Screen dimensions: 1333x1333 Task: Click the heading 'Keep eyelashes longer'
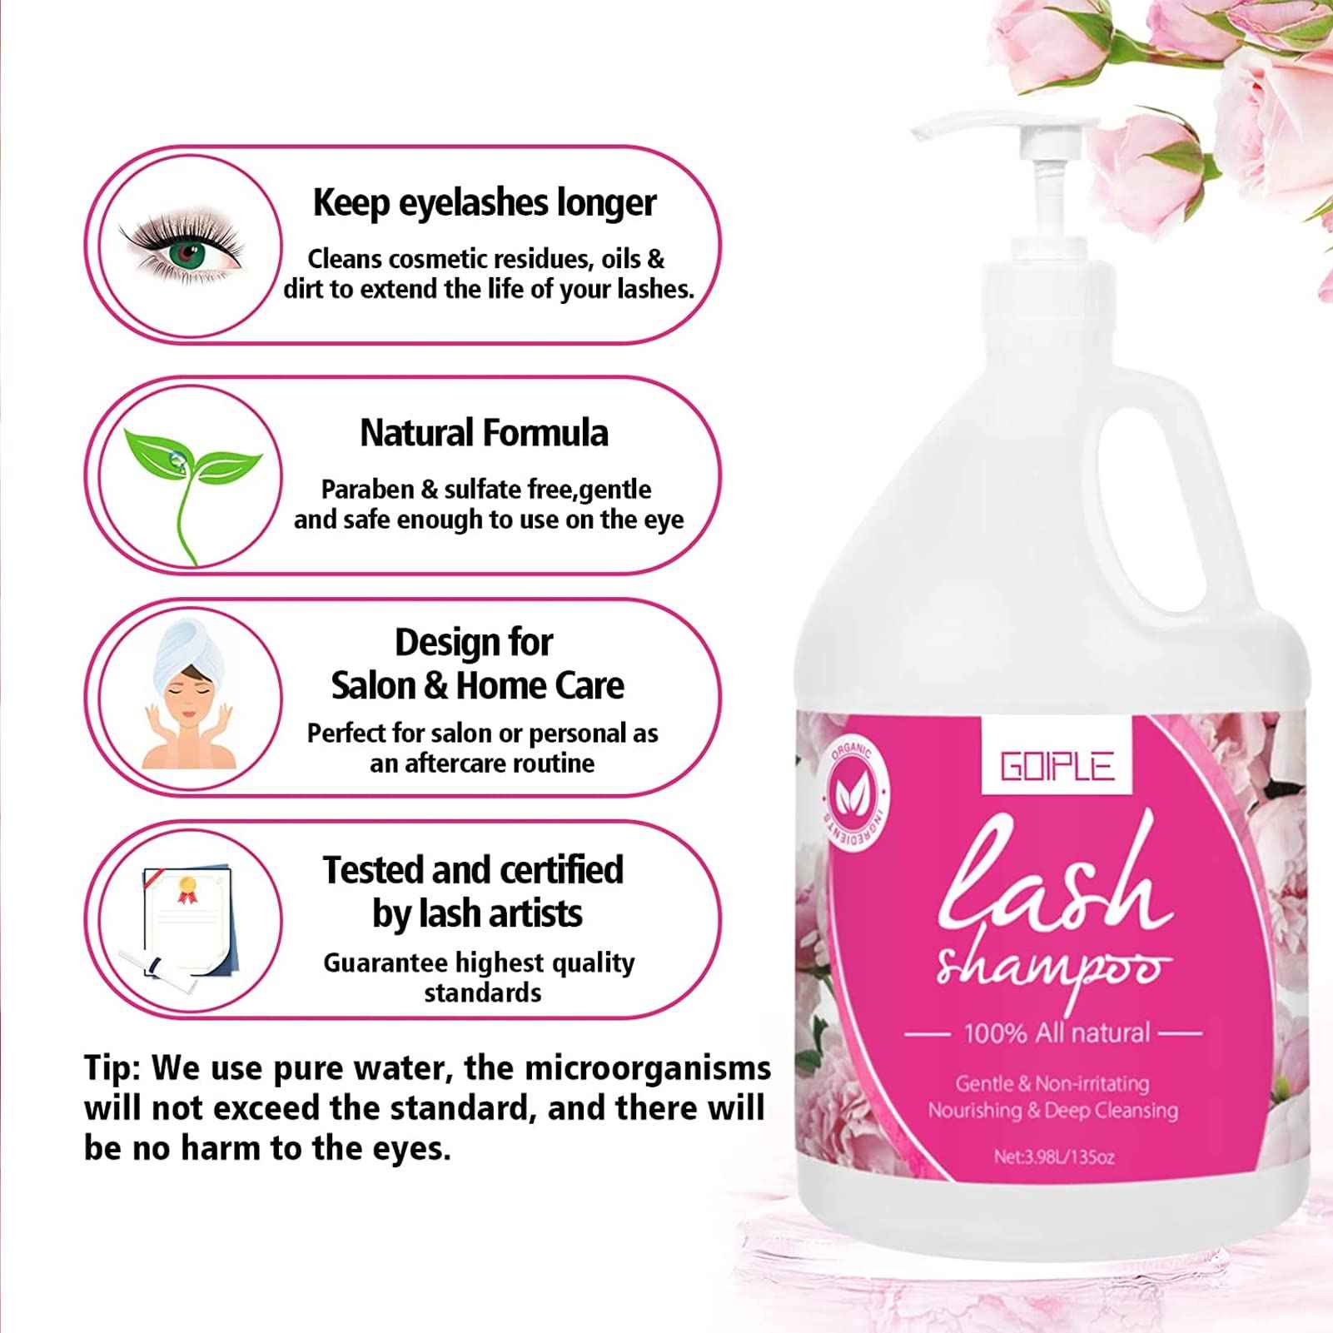tap(484, 202)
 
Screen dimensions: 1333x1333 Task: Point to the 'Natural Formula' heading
tap(484, 433)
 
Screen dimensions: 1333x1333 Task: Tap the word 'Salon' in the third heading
tap(372, 686)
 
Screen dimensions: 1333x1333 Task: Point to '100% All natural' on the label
tap(1056, 1033)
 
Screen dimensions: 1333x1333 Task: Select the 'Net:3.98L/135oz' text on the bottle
tap(1053, 1156)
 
